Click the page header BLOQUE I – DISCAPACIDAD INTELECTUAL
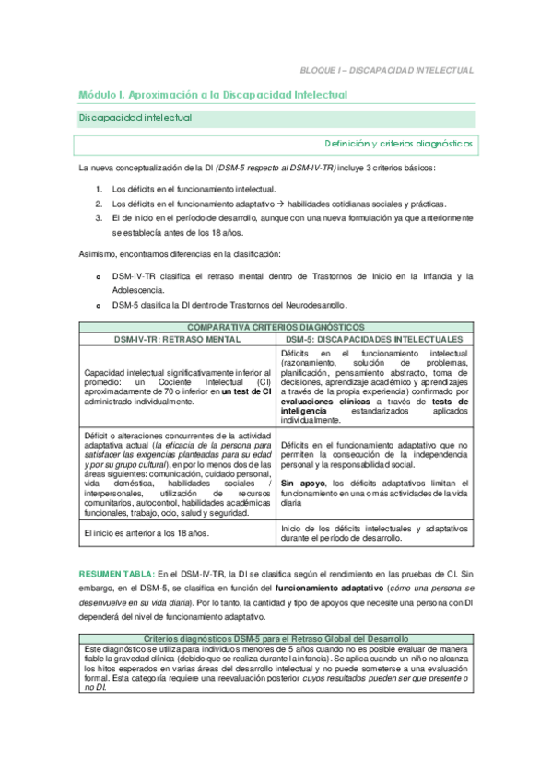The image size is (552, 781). coord(386,69)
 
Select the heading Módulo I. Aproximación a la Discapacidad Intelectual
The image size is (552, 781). coord(212,95)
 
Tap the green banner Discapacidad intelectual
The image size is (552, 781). coord(135,119)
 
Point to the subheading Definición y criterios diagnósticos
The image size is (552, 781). coord(398,144)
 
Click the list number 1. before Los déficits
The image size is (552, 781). coord(99,188)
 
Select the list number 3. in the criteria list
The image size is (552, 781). coord(99,218)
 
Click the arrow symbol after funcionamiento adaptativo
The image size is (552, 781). coord(253,204)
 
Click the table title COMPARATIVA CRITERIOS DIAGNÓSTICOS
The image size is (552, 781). coord(276,327)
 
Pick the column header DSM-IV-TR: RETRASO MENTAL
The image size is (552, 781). coord(176,338)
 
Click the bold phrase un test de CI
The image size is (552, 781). coord(244,392)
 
